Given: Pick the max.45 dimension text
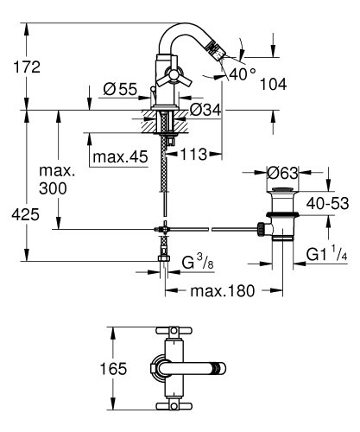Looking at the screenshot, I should (x=120, y=156).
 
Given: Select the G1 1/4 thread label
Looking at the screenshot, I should (x=328, y=253).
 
